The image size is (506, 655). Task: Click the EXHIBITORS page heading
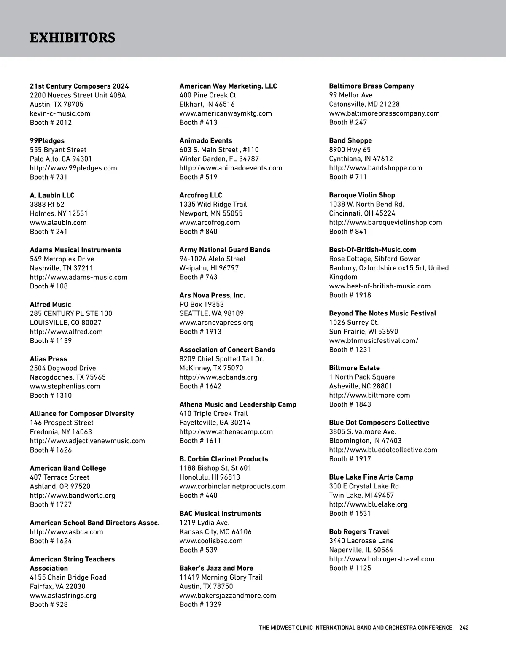pos(73,38)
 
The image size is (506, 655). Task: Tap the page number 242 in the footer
pos(464,628)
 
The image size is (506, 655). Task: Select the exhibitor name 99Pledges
pos(47,141)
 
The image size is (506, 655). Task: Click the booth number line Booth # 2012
pos(51,123)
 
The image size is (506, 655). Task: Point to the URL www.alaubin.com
pos(58,223)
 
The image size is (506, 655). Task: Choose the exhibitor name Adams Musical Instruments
pos(75,250)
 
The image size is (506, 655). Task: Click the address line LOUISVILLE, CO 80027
pos(65,323)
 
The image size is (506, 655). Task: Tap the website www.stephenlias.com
pos(65,386)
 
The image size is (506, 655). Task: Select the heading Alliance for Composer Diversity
pos(82,414)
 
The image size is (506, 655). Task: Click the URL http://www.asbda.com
pos(66,532)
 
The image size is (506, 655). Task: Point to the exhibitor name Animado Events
pos(206,141)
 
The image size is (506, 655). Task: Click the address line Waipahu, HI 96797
pos(209,268)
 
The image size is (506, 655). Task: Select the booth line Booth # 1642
pos(200,386)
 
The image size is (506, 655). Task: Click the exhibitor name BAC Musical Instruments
pos(221,514)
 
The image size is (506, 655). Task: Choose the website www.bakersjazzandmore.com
pos(228,596)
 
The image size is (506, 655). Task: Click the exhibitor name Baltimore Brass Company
pos(371,86)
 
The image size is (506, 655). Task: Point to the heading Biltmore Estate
pos(354,368)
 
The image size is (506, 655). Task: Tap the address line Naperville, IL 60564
pos(361,550)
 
